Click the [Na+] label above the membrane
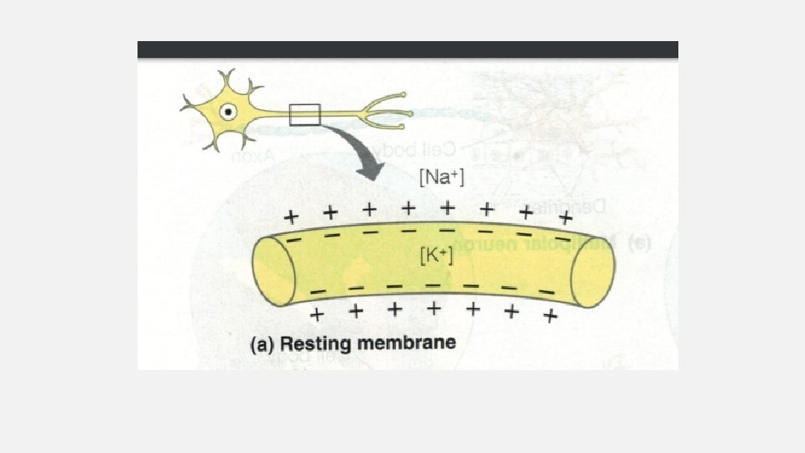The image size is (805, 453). pos(440,178)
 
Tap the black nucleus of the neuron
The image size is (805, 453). pos(226,111)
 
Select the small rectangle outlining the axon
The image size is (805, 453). pos(304,113)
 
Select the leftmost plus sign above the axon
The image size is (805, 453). pos(291,216)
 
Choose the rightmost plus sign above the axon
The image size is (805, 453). pos(565,217)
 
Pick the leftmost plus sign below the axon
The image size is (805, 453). pos(316,315)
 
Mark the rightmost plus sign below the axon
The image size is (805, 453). pos(550,316)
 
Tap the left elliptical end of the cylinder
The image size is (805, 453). pos(274,270)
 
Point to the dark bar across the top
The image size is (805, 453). pos(408,49)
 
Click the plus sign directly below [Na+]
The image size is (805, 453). pos(448,206)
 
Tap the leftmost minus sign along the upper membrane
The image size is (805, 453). pos(293,240)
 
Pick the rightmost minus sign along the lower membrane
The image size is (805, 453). pos(547,291)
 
